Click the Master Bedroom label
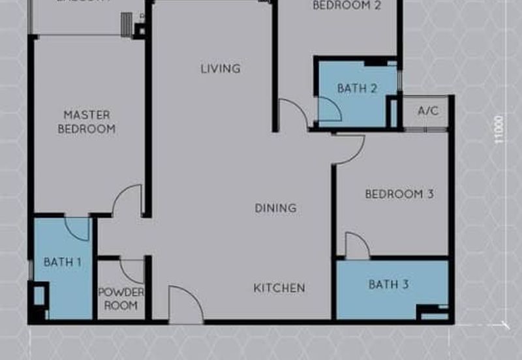coord(87,122)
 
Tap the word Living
coord(221,68)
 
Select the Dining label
coord(275,208)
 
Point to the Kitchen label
coord(279,288)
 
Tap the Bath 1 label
coord(63,262)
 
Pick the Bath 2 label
coord(358,89)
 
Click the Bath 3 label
coord(388,284)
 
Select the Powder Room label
coord(121,299)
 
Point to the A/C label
coord(428,111)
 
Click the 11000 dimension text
coord(499,129)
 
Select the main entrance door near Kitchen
coord(185,305)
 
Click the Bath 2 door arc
coord(329,109)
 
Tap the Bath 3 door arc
coord(356,246)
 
